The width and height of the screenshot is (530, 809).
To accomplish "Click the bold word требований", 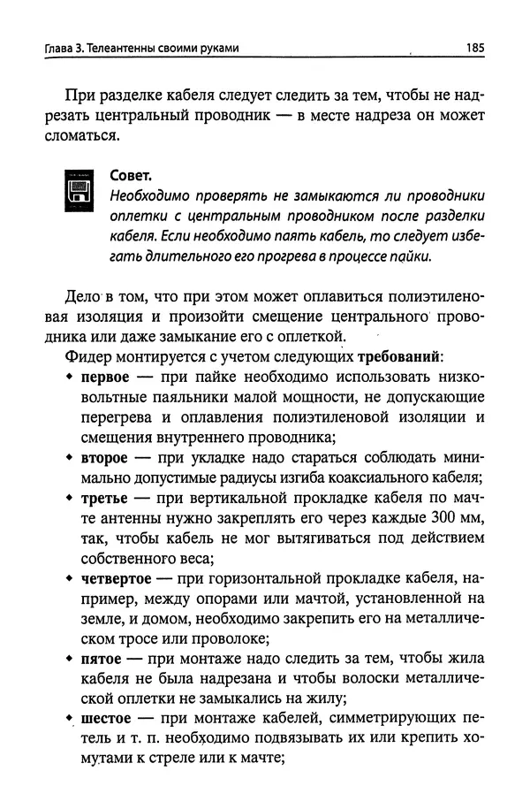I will [398, 356].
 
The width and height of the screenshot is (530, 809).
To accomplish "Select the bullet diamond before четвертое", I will [70, 580].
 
